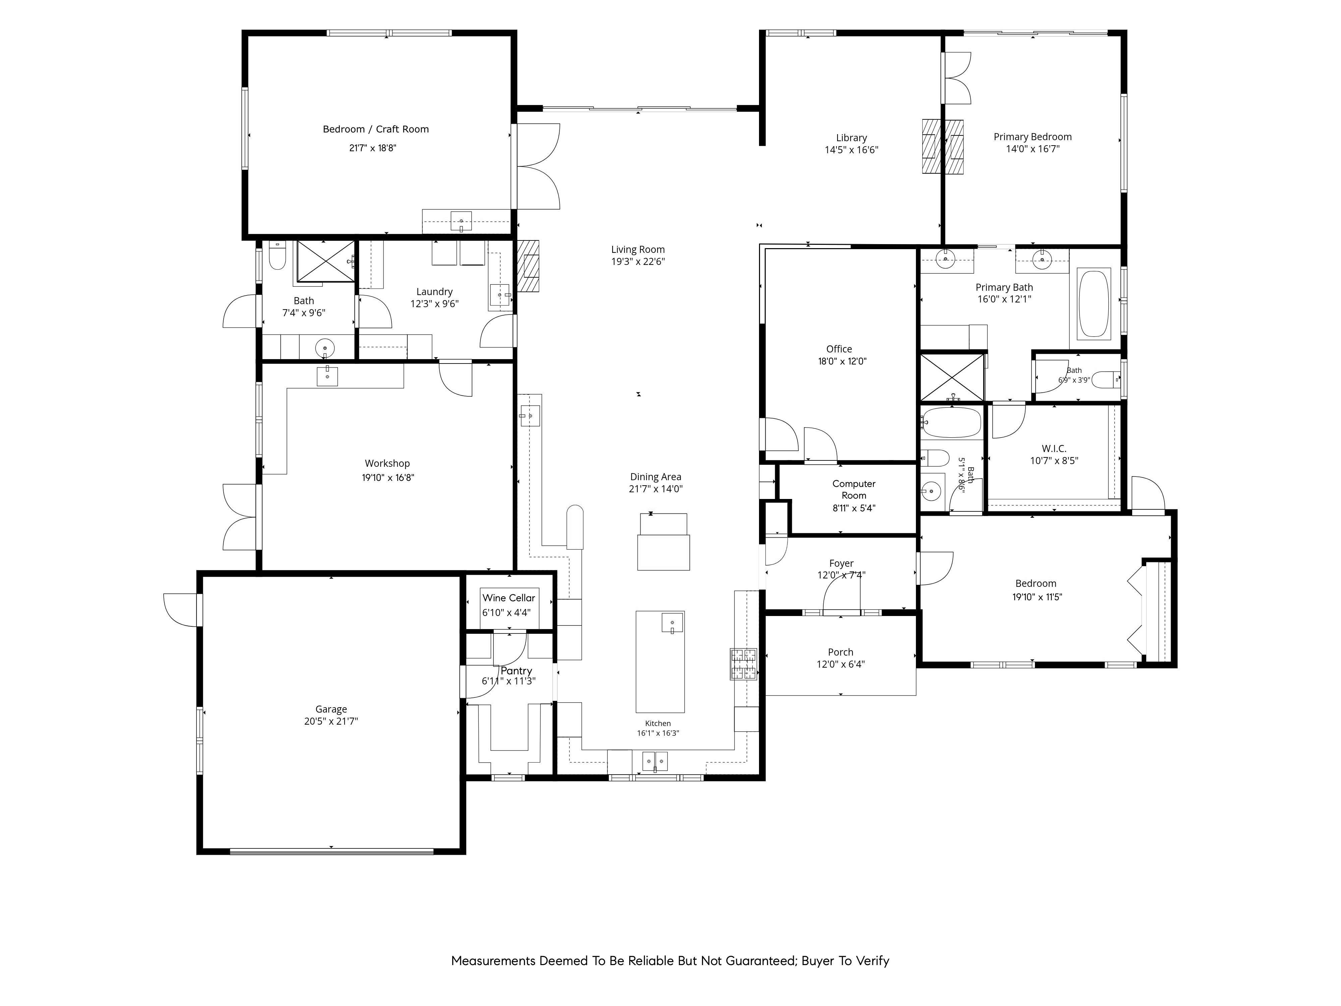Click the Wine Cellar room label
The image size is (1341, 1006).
coord(509,598)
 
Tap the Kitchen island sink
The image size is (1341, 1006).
coord(672,623)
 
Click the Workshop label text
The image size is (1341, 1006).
coord(388,464)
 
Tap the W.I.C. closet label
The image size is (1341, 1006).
coord(1054,449)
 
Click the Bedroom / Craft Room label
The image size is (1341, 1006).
coord(376,129)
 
